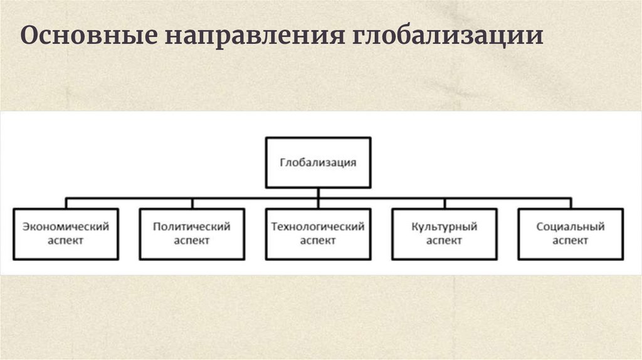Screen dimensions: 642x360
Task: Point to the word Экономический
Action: click(66, 226)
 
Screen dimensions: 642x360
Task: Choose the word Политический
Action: click(192, 226)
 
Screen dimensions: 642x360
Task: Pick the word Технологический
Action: click(318, 226)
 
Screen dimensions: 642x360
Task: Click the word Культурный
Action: click(444, 226)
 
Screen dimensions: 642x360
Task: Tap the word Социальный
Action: click(571, 226)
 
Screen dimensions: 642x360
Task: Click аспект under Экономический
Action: click(66, 240)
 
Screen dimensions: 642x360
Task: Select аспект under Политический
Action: click(192, 240)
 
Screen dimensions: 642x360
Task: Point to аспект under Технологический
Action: click(318, 240)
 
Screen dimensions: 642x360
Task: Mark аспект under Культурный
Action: click(444, 240)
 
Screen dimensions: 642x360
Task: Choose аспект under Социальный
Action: click(571, 240)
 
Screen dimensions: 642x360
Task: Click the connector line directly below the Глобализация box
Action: click(318, 193)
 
